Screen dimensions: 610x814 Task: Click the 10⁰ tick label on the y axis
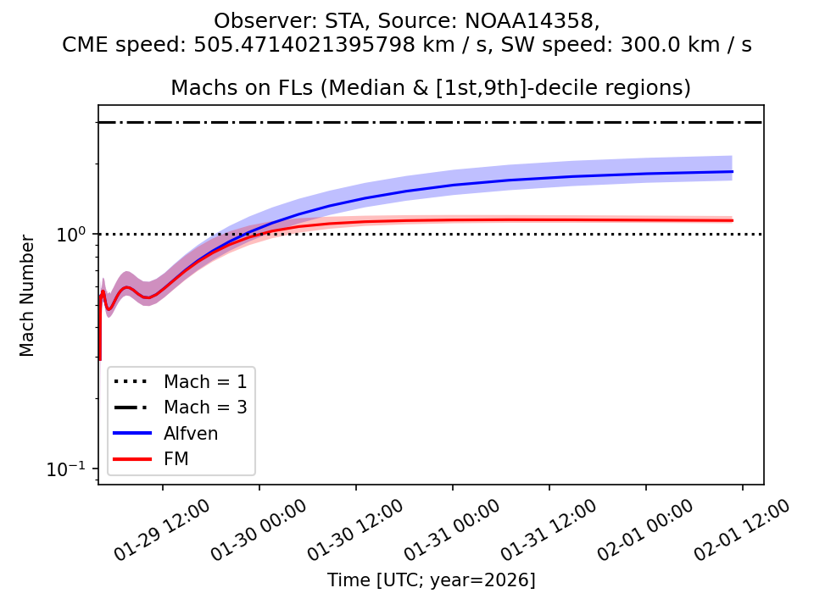point(75,235)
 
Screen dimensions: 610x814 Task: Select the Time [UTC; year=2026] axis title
point(431,580)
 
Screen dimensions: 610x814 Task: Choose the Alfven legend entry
point(191,433)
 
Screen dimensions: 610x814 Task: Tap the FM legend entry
point(176,459)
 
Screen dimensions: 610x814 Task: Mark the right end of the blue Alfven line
point(732,172)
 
